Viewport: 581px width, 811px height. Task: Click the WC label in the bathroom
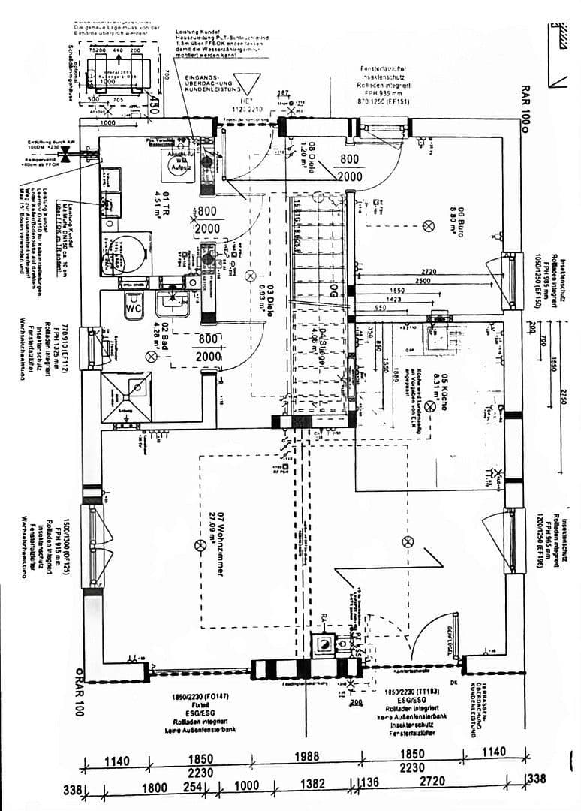pyautogui.click(x=135, y=308)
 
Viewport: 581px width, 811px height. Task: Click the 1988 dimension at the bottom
pyautogui.click(x=306, y=756)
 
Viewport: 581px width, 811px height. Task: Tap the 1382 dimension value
pyautogui.click(x=312, y=784)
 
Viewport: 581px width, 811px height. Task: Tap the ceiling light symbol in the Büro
pyautogui.click(x=430, y=225)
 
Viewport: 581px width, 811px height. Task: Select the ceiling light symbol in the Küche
pyautogui.click(x=430, y=406)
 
